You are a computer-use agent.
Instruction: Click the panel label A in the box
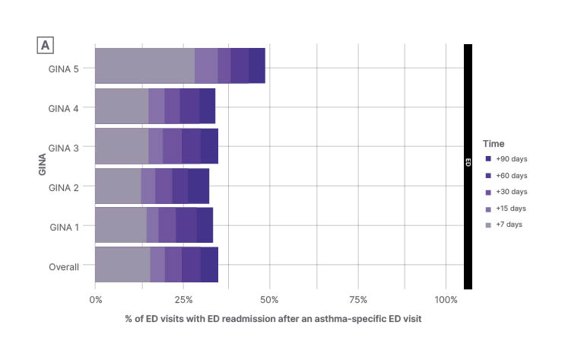point(45,46)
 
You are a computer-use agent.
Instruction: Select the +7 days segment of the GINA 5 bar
point(144,65)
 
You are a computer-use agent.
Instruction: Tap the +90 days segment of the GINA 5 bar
point(256,65)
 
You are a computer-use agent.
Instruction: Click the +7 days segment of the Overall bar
point(122,265)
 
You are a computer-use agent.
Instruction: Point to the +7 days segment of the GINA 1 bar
point(121,225)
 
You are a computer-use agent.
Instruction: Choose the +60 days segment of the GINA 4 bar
point(189,106)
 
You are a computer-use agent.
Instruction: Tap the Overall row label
point(65,266)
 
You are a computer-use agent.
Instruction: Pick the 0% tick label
point(96,299)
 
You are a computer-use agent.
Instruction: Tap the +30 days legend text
point(511,192)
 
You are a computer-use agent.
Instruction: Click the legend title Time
point(494,143)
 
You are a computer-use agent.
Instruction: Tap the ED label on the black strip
point(468,162)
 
